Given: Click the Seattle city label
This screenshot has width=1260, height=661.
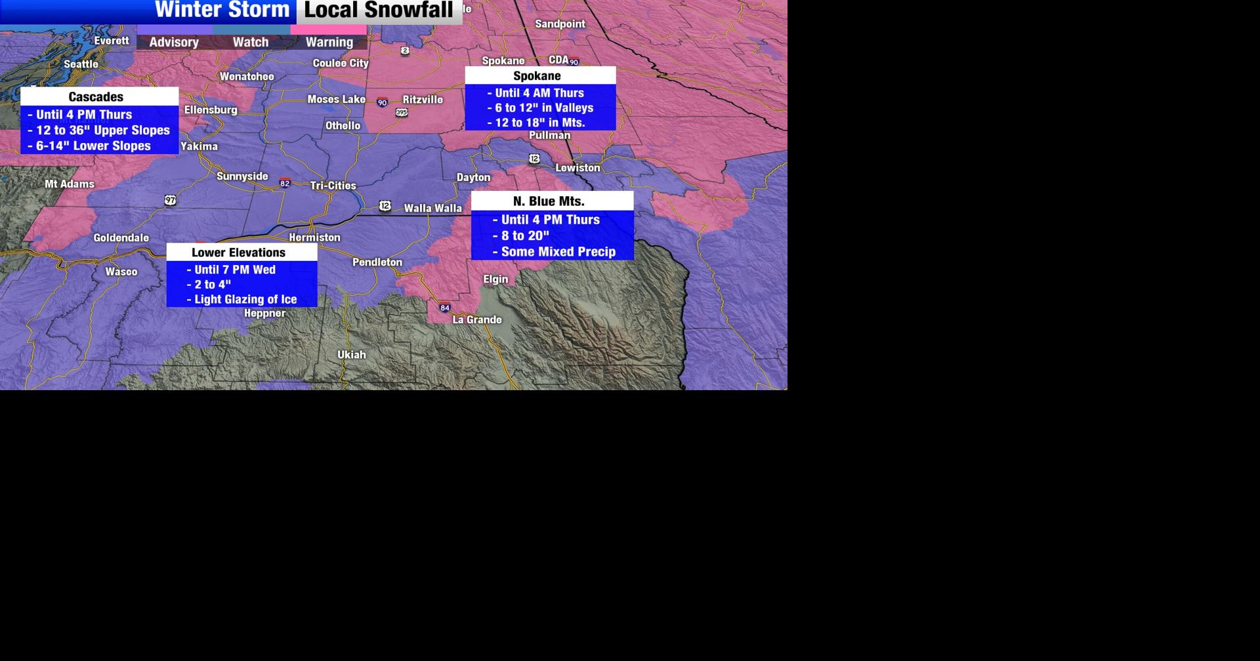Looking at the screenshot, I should coord(81,64).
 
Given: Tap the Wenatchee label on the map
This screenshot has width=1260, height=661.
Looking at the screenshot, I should coord(247,77).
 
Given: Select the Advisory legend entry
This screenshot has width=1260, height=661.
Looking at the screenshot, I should coord(174,42).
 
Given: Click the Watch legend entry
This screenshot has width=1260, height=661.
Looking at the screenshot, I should coord(251,42).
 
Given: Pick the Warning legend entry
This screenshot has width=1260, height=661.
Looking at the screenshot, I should coord(329,42).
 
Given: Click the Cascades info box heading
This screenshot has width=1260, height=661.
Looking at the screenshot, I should coord(96,97).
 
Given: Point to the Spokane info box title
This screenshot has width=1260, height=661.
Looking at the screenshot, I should coord(537,75).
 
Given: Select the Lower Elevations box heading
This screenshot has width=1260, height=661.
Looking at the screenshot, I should coord(238,252).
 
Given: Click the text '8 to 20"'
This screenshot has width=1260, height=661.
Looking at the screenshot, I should coord(525,235).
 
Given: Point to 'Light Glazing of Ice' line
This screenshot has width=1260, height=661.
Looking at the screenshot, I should coord(245,300).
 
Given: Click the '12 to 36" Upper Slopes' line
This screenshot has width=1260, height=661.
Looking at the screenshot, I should coord(102,130).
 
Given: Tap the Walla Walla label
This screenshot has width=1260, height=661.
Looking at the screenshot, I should coord(432,209).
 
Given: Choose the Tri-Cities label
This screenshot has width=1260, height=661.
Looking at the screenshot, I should coord(333,186).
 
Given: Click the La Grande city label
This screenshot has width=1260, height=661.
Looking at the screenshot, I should coord(477,320).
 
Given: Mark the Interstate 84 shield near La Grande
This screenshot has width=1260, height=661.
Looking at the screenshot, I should coord(445,308).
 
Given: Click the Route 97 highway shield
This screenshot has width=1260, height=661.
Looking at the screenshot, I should coord(171,199).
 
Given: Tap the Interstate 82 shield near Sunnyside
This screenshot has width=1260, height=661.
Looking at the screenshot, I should coord(285,183).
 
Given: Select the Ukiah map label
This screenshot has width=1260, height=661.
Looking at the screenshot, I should coord(352,355).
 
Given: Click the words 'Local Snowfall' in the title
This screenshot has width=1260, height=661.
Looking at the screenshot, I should coord(379,10).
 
